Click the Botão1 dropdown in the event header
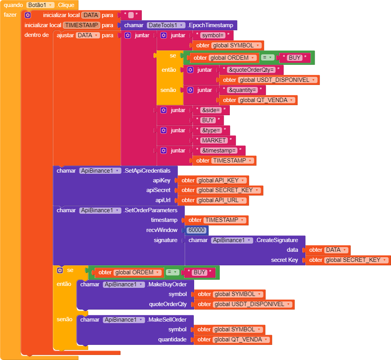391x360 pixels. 41,5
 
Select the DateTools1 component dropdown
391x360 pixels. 166,25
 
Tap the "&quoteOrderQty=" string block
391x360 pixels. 251,70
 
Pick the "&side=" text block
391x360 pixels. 211,110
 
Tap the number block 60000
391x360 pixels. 196,230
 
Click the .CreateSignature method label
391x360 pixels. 276,240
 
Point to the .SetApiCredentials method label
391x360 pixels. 150,170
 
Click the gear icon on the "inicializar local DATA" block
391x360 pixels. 28,15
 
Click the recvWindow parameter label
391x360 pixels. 162,230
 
